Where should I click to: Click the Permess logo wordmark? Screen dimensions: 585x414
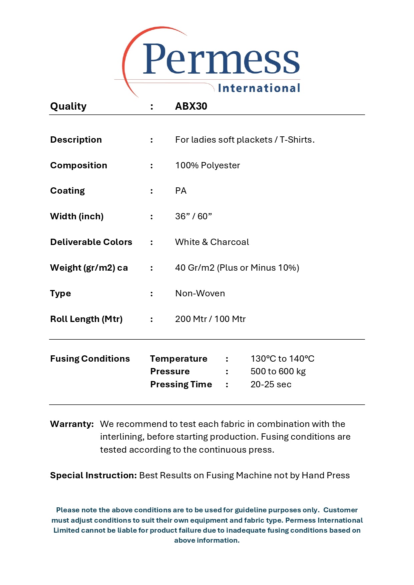point(221,59)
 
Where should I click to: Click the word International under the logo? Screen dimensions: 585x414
point(259,88)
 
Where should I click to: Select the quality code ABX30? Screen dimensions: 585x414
point(191,106)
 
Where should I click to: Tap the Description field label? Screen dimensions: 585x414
point(76,140)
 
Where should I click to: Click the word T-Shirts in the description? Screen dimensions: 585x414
point(296,140)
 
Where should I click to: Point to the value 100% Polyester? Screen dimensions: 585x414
point(208,165)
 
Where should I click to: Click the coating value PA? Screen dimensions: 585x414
point(181,191)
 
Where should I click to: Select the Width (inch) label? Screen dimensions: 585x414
point(77,216)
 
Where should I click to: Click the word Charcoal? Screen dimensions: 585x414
point(230,242)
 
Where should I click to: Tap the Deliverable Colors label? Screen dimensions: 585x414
point(91,242)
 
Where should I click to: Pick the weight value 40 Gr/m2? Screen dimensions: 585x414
point(195,268)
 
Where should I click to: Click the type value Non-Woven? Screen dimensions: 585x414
point(200,293)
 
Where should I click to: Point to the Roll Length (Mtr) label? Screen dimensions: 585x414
point(86,319)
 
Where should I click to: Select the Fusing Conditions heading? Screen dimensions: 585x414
point(90,359)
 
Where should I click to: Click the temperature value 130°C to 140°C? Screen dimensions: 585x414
point(282,359)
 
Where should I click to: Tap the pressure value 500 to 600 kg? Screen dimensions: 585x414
point(278,371)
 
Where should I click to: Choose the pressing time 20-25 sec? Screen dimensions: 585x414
point(271,384)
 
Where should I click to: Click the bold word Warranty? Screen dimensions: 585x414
point(72,424)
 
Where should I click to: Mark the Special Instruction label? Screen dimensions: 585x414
point(93,475)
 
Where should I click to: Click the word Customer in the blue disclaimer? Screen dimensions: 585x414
point(340,510)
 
